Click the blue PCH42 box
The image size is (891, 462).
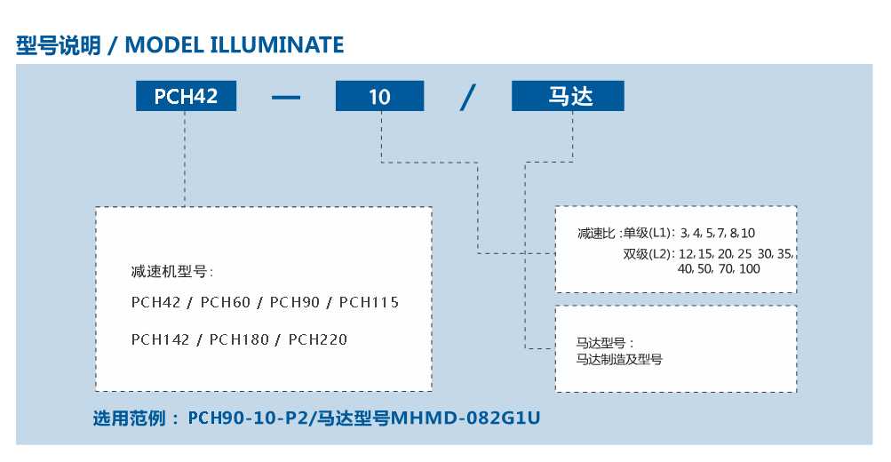[186, 95]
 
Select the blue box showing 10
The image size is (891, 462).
[379, 95]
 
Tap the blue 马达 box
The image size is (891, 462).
[568, 95]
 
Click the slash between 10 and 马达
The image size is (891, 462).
[467, 97]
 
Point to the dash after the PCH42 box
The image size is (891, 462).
[286, 97]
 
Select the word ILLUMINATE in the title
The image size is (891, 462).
[277, 45]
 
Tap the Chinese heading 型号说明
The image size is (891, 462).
[59, 45]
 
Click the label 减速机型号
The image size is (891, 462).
[169, 272]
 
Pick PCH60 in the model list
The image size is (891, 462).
[226, 302]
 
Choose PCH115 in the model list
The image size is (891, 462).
[369, 302]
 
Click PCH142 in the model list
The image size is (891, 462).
[160, 339]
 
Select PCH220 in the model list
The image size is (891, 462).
[318, 339]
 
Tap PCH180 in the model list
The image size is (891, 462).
[239, 339]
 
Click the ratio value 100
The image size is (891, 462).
[750, 269]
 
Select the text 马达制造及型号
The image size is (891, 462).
[619, 359]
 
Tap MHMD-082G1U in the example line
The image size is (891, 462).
[465, 418]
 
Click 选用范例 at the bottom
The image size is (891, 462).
[130, 418]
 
